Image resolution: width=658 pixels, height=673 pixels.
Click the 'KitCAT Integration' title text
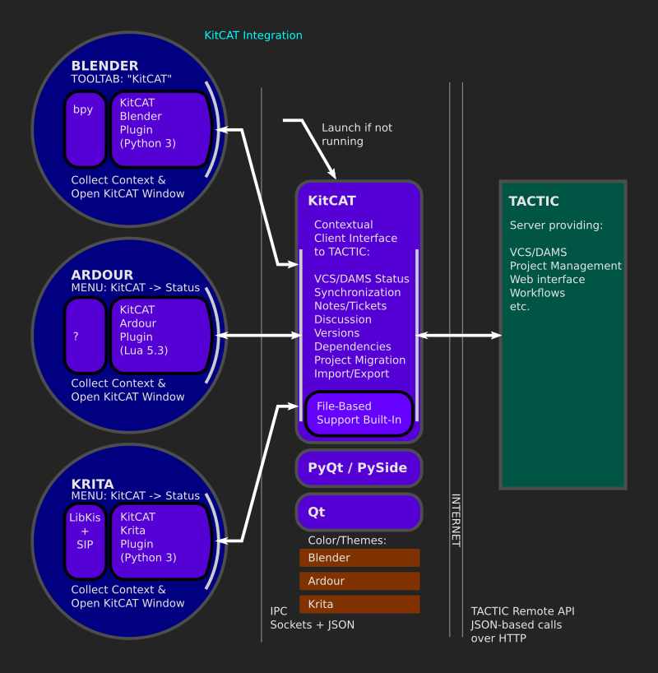click(253, 35)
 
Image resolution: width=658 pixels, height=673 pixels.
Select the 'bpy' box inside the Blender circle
click(85, 128)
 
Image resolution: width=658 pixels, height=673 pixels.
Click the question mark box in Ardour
click(85, 335)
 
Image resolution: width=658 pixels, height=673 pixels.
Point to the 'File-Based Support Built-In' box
click(359, 413)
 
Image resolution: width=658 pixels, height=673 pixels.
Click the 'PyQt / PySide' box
click(359, 467)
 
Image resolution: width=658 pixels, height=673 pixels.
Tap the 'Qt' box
click(359, 512)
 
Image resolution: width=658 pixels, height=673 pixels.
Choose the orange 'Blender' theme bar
click(359, 558)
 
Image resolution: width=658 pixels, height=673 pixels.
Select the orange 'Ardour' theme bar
click(359, 581)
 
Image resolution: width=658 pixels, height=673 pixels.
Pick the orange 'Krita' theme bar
click(359, 604)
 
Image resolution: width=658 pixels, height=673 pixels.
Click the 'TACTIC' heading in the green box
click(534, 201)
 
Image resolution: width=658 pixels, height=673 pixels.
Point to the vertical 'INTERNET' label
click(456, 520)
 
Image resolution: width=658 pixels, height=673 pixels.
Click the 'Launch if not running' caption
click(357, 134)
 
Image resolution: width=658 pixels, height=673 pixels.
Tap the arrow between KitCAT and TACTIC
click(459, 335)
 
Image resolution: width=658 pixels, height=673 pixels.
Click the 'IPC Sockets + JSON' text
click(313, 618)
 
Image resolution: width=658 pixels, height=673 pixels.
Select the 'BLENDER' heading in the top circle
click(104, 66)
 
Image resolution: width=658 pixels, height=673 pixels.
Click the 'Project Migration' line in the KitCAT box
click(359, 360)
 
